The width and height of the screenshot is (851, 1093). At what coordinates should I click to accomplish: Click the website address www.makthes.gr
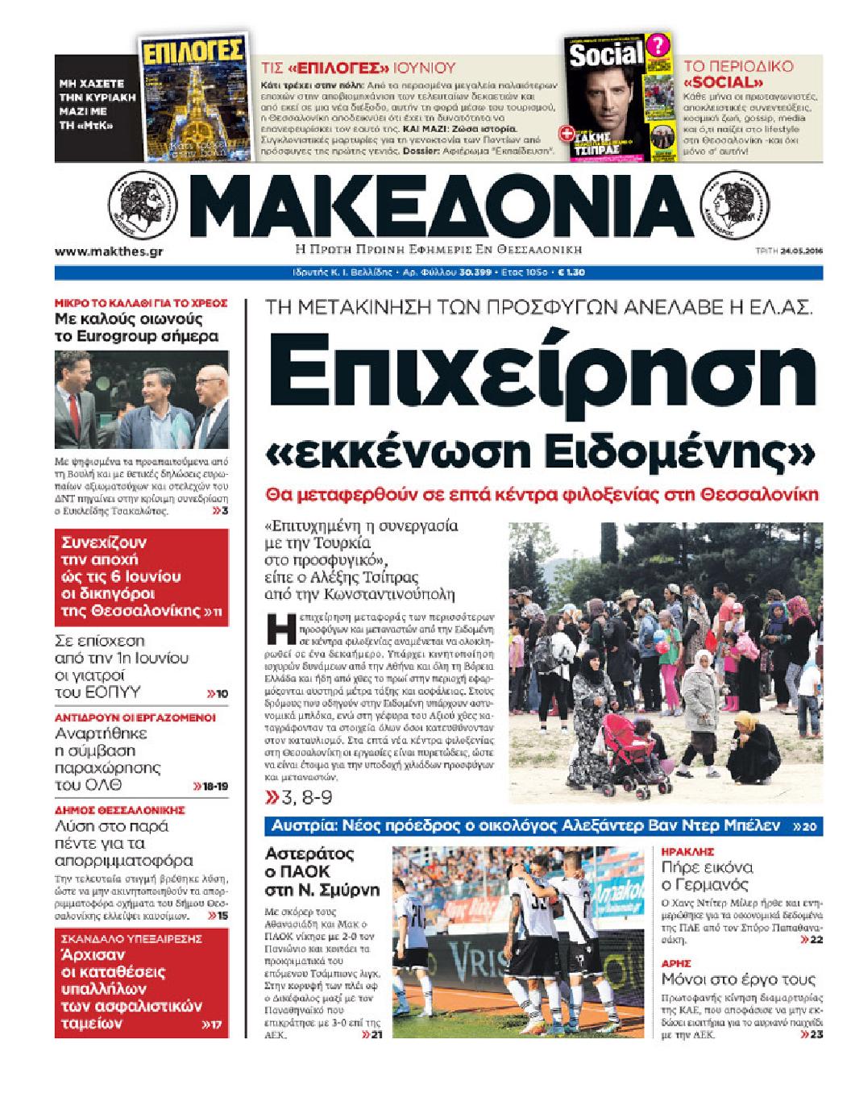point(109,251)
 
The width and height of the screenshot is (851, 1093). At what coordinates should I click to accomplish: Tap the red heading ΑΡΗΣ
point(675,962)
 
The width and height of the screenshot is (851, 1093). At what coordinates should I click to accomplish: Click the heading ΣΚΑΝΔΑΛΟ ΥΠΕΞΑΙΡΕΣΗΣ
point(128,939)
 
